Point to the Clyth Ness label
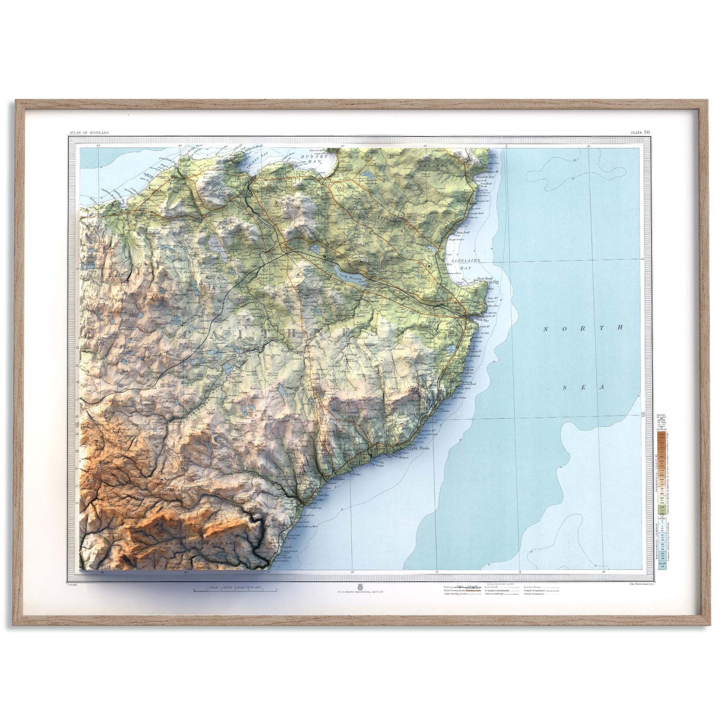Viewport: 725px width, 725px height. click(418, 448)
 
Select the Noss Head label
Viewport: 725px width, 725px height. click(484, 279)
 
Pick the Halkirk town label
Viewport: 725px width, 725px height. click(275, 254)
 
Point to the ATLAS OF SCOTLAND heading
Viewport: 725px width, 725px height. click(89, 132)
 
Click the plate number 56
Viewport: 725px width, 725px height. click(647, 132)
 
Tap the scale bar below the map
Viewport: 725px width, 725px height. click(235, 590)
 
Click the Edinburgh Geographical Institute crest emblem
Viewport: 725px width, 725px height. click(360, 586)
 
